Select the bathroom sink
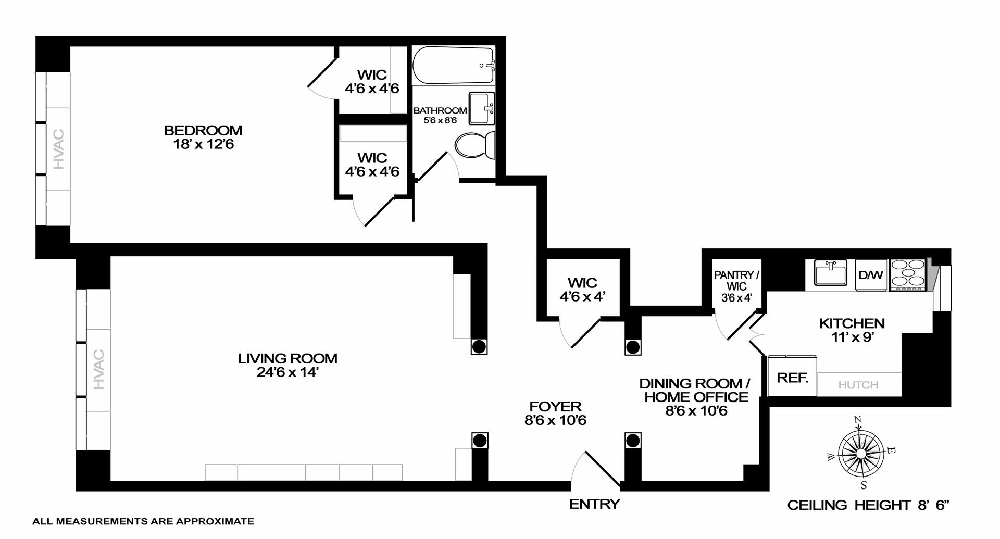click(481, 108)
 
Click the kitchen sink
click(830, 274)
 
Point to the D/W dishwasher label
click(871, 275)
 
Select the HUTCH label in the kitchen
click(858, 385)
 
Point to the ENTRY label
click(594, 504)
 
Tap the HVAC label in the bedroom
click(59, 148)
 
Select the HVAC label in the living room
click(99, 370)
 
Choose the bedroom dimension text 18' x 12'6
click(204, 144)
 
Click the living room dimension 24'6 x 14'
click(287, 372)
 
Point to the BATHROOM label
click(440, 110)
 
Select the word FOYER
click(555, 406)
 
